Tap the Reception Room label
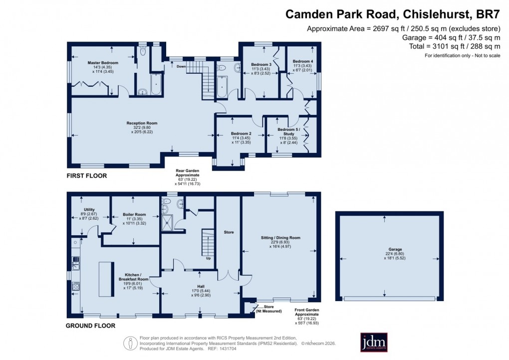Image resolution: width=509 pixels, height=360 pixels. click(x=142, y=123)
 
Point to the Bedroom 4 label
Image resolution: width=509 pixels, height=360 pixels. click(x=303, y=61)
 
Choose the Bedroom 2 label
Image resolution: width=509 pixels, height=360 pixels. click(x=241, y=134)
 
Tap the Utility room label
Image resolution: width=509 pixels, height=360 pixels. click(x=89, y=210)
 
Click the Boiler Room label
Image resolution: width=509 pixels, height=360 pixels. click(x=134, y=215)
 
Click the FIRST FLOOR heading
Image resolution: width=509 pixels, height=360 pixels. click(x=87, y=176)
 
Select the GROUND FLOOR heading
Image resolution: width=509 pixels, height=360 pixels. click(x=91, y=326)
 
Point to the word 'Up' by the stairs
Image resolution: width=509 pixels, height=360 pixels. click(x=208, y=258)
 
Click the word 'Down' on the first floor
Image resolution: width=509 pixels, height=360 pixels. click(x=181, y=66)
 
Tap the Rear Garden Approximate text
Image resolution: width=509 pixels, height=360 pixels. click(x=187, y=173)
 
